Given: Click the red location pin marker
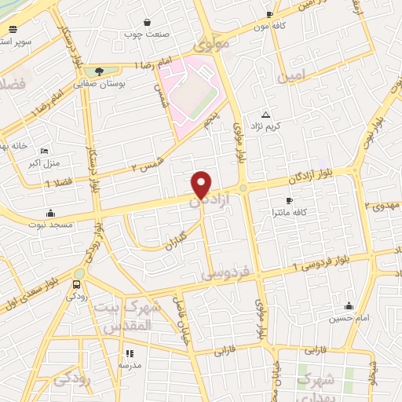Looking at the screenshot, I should coord(202,184).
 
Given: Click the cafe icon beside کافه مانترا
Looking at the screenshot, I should coord(289,201).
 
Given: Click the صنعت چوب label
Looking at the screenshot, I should coord(146,35).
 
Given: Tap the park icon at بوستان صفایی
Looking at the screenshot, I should coord(97,71).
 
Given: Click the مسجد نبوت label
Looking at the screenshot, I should coord(53,225).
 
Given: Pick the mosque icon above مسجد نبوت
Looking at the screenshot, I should coord(51,212).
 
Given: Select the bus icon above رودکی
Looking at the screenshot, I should coord(76,284).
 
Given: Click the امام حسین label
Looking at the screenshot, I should coord(351,318).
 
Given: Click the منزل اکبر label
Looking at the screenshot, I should coord(44,163).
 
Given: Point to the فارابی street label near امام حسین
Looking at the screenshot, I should coord(314,349).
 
